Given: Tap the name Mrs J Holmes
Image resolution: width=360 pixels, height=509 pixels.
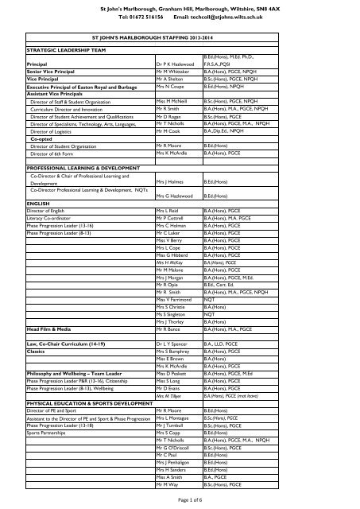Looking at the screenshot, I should [170, 182].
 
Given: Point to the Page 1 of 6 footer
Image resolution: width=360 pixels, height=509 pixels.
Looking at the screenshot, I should [180, 498].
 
